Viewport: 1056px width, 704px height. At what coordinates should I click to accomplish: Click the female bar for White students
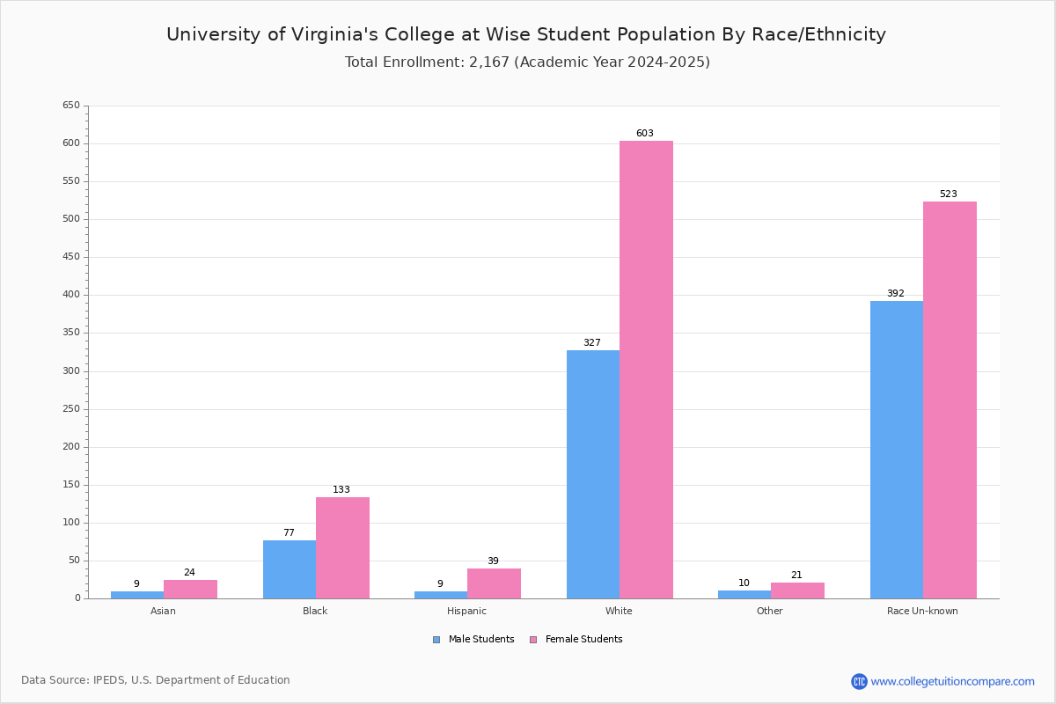(646, 370)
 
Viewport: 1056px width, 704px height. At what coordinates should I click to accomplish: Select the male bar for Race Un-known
(897, 450)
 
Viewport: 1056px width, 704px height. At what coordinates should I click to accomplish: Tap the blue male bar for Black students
(290, 569)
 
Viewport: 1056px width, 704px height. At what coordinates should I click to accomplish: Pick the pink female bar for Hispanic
(494, 583)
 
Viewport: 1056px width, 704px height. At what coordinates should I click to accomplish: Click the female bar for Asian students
(190, 590)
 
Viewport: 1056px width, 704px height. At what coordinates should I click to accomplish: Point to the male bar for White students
(593, 474)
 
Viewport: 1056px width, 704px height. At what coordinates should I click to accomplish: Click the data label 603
(645, 134)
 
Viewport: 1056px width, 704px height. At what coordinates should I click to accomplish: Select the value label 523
(948, 194)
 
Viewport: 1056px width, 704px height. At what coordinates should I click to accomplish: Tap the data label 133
(341, 490)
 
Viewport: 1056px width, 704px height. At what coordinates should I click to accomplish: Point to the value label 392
(895, 294)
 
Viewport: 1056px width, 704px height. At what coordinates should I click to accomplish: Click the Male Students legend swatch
(436, 640)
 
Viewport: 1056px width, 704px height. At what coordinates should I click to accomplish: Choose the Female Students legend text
(583, 640)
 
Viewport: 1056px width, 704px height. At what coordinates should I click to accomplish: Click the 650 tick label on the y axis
(71, 106)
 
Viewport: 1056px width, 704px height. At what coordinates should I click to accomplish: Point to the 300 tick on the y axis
(71, 371)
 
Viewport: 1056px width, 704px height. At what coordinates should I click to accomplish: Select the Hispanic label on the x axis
(466, 611)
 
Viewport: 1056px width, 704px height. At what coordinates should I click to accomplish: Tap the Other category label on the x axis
(769, 611)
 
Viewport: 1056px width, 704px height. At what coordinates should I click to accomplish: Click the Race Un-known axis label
(922, 611)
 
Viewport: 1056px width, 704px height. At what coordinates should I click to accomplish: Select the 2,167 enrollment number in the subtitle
(489, 62)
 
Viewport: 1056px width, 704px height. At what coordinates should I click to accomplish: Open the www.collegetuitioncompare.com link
(952, 681)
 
